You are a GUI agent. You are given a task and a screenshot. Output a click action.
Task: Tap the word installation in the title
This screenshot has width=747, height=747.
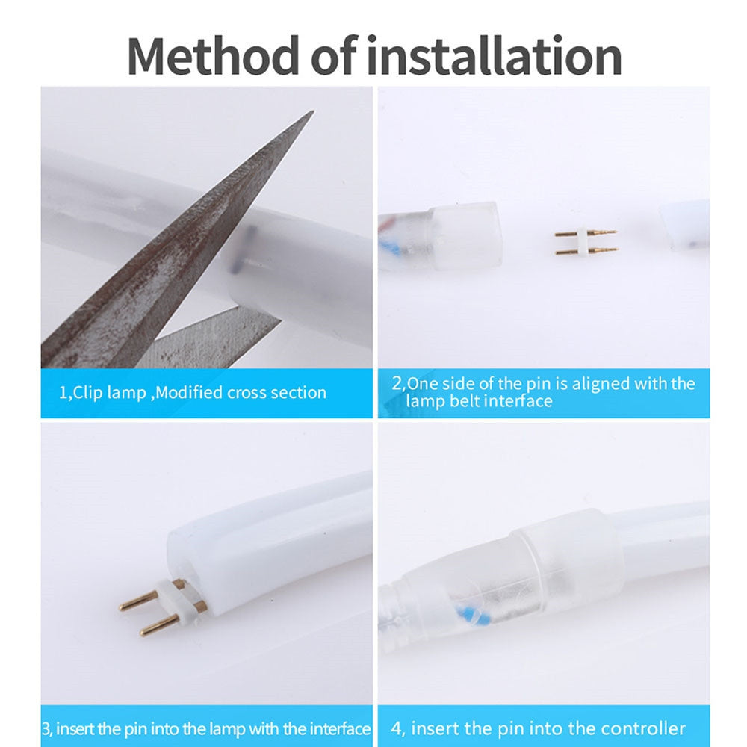pos(495,56)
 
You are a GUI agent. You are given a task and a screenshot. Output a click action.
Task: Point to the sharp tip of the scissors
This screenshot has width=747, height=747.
pos(312,112)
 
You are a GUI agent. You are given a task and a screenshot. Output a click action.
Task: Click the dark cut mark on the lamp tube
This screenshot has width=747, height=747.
pos(243,249)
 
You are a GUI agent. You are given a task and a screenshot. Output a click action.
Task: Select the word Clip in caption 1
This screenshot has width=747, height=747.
pos(87,393)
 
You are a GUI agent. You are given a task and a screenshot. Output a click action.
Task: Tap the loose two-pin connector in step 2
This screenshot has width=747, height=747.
pos(586,242)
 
